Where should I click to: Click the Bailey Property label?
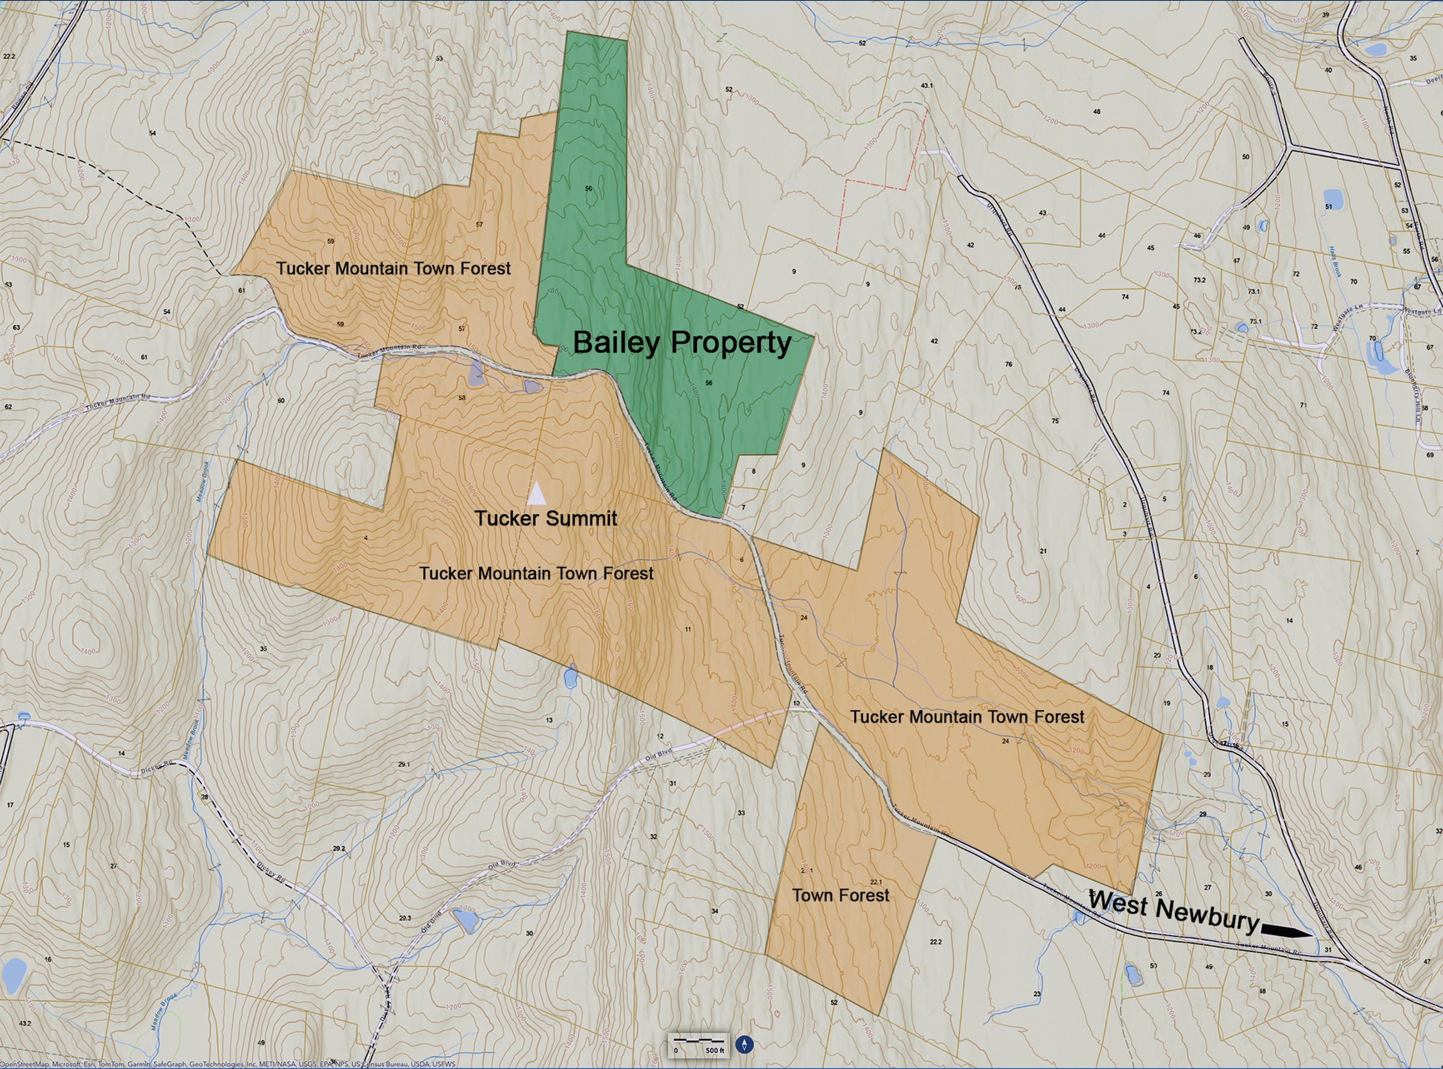tap(681, 343)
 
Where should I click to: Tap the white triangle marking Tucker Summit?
tap(536, 493)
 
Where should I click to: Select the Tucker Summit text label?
tap(545, 518)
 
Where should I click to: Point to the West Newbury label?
tap(1173, 910)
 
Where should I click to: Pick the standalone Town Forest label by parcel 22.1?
tap(841, 896)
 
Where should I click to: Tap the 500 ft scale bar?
tap(698, 1044)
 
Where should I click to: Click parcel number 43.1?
tap(927, 85)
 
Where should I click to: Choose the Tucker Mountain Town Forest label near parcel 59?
tap(393, 269)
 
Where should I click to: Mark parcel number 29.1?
tap(404, 764)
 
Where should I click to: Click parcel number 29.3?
tap(405, 918)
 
